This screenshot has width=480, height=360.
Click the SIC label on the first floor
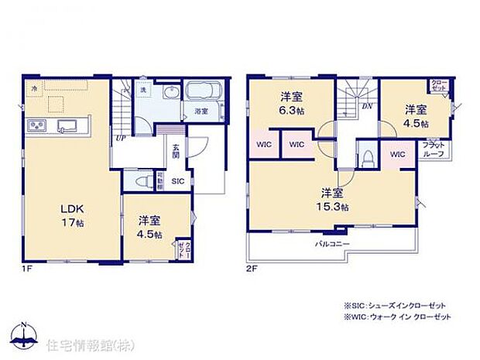coord(177,181)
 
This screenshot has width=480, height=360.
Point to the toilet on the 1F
coord(142,180)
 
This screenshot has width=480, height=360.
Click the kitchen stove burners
coord(36,125)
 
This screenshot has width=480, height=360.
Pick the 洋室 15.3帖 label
coord(334,199)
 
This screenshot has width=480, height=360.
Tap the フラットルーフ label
coord(432,149)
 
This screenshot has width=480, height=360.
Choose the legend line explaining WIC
coord(398,317)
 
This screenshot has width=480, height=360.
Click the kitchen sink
coord(63,125)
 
